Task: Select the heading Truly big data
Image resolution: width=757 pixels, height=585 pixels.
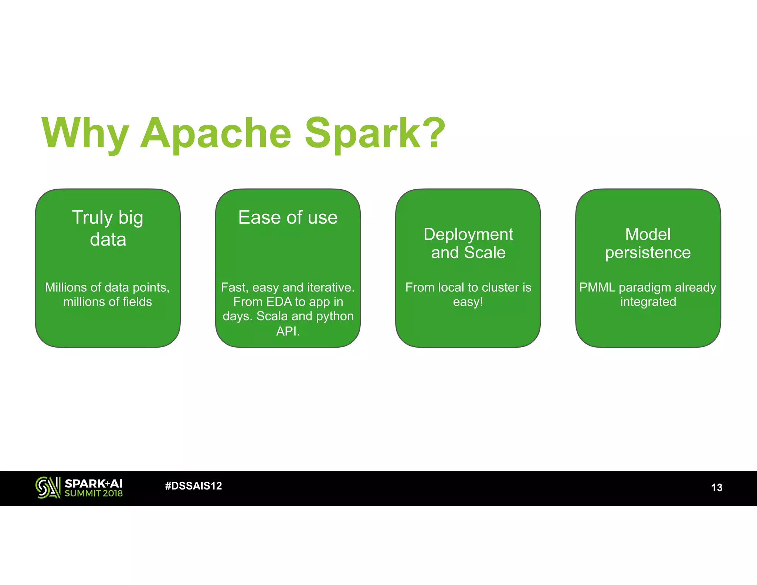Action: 108,228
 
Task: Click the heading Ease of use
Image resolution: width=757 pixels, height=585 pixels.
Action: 288,217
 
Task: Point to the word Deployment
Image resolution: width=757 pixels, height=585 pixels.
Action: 468,234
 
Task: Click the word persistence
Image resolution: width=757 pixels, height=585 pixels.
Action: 648,253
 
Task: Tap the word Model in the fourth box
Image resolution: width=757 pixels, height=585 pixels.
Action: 648,234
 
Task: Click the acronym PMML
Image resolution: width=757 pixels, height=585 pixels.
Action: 597,287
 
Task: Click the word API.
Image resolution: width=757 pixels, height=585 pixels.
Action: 288,331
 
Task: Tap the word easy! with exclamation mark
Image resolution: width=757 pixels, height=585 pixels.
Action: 468,302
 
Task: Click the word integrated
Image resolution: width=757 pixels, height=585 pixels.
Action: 648,302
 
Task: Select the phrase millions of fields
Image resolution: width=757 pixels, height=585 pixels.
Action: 108,302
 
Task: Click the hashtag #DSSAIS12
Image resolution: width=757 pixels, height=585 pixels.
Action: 193,486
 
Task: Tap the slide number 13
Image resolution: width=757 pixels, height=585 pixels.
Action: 716,487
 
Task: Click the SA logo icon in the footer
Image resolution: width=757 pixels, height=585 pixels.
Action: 48,487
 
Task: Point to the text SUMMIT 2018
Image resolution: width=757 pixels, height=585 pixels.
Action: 94,493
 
